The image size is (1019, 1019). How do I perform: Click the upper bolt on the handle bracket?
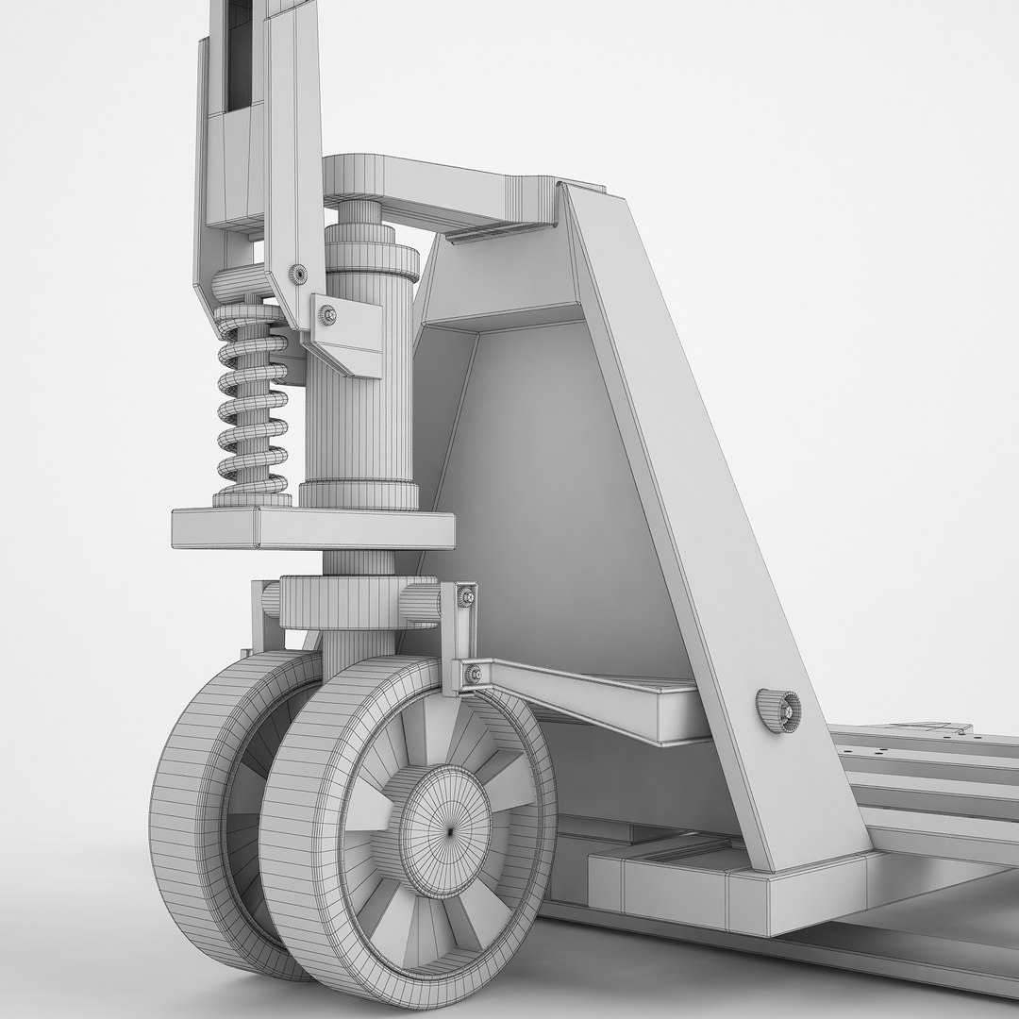298,274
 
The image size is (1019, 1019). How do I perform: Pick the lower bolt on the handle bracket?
327,314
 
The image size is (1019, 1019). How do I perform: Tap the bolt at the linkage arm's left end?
473,673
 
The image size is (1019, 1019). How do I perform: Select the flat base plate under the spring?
311,528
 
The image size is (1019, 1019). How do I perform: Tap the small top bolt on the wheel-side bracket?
467,596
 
